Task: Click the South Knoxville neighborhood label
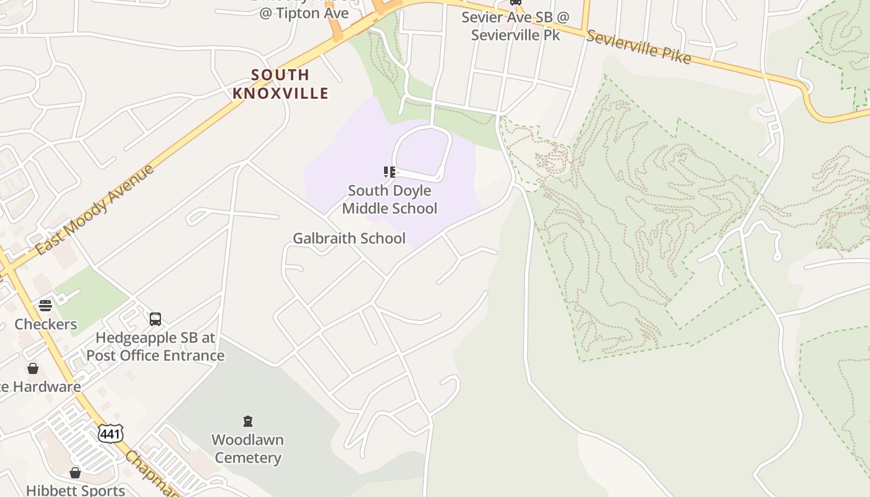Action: (280, 84)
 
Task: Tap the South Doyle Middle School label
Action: (390, 199)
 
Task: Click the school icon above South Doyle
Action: (390, 172)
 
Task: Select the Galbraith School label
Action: (349, 239)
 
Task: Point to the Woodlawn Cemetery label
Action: (247, 449)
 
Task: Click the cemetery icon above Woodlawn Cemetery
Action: (248, 422)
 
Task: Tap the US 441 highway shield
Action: (111, 434)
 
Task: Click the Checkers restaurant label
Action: (46, 324)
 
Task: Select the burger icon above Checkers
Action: (45, 305)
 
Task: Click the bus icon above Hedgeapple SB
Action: (155, 319)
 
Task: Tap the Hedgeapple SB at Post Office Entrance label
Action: (155, 347)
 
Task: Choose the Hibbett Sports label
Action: (76, 490)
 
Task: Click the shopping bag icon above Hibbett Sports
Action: (75, 473)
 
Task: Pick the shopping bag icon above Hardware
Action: (33, 368)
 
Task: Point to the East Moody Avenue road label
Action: (95, 210)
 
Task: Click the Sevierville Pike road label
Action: (638, 47)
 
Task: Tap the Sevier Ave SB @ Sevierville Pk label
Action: (515, 26)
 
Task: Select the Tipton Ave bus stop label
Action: (304, 12)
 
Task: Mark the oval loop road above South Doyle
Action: (422, 153)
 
